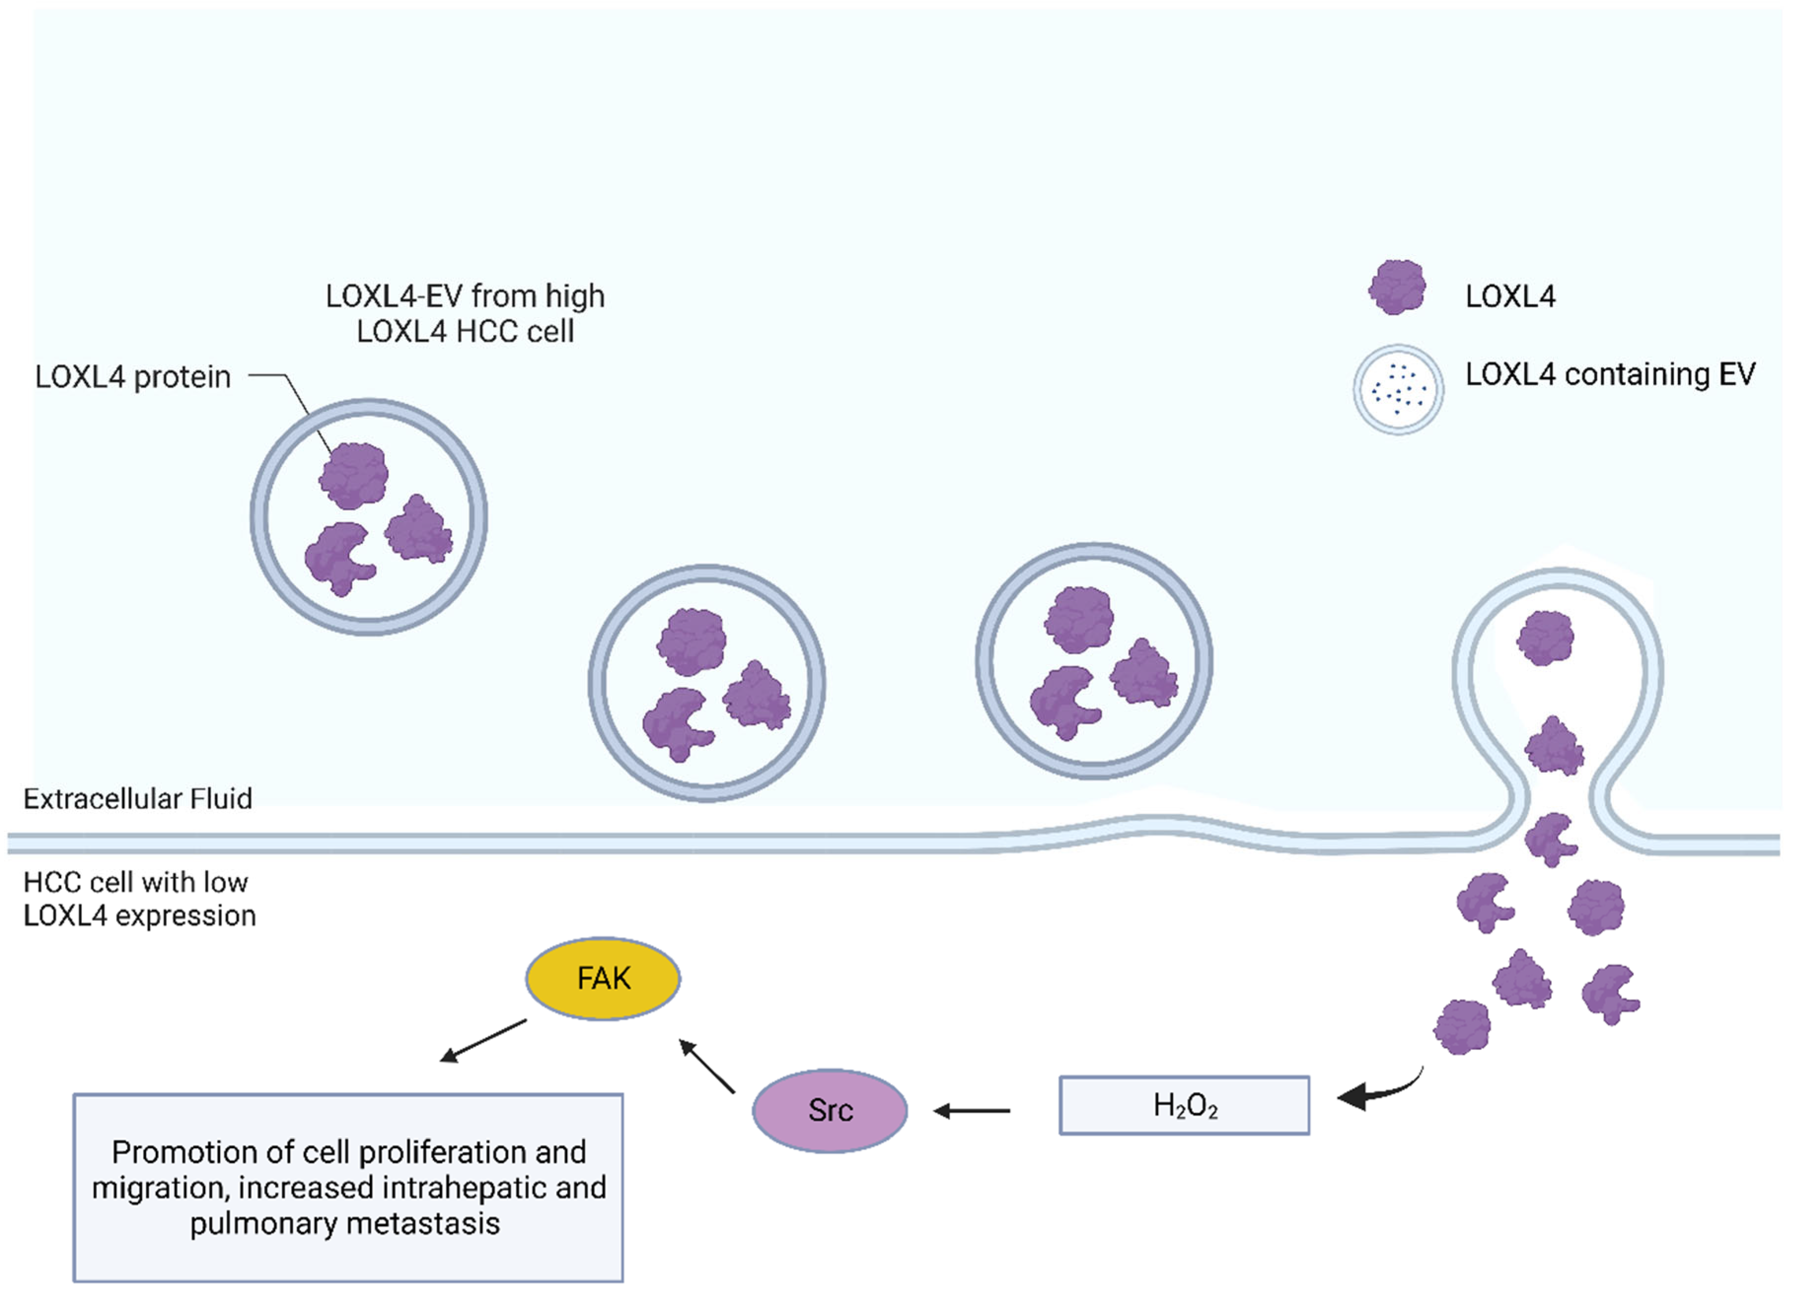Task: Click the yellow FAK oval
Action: coord(603,979)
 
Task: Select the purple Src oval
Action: coord(829,1110)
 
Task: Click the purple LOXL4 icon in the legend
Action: coord(1397,287)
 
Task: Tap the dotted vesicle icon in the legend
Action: coord(1398,390)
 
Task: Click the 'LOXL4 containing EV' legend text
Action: coord(1611,375)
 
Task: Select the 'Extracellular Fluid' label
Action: coord(138,798)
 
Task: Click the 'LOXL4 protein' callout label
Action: coord(133,377)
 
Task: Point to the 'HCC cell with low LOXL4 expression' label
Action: coord(139,899)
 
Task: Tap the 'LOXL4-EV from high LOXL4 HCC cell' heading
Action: coord(465,313)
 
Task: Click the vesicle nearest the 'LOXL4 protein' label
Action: coord(368,517)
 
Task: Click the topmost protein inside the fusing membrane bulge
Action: coord(1545,637)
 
